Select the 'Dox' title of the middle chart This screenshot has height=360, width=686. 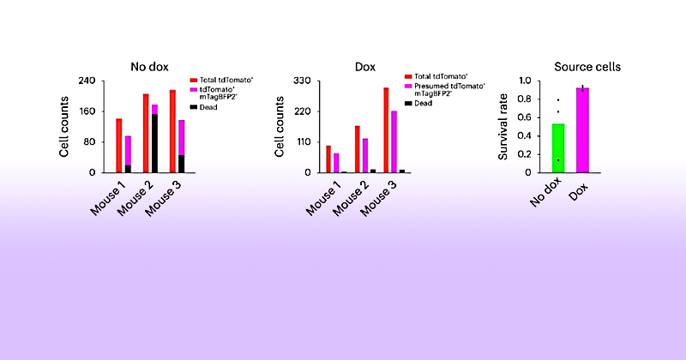pos(366,65)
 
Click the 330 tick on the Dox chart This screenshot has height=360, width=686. pos(305,81)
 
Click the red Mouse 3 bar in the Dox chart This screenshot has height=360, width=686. pos(386,129)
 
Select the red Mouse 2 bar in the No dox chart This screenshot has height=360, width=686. pos(146,133)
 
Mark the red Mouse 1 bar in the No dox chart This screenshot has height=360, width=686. pos(119,145)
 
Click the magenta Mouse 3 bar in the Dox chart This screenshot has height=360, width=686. pos(394,141)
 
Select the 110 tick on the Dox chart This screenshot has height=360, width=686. pos(305,141)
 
